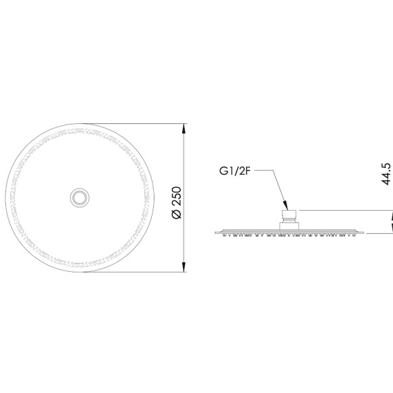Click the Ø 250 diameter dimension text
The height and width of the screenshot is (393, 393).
point(177,203)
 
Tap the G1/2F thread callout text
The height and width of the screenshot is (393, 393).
point(235,171)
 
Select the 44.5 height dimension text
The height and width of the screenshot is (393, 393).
point(386,174)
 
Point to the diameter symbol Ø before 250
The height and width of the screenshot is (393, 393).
point(177,214)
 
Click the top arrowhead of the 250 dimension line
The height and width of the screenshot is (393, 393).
point(184,129)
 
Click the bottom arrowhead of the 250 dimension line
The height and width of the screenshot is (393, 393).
point(184,267)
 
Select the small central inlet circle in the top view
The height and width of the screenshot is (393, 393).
point(79,198)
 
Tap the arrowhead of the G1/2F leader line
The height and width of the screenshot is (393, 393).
point(286,205)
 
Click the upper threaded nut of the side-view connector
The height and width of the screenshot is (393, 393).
point(289,215)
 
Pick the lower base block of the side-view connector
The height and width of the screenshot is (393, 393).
point(289,226)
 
